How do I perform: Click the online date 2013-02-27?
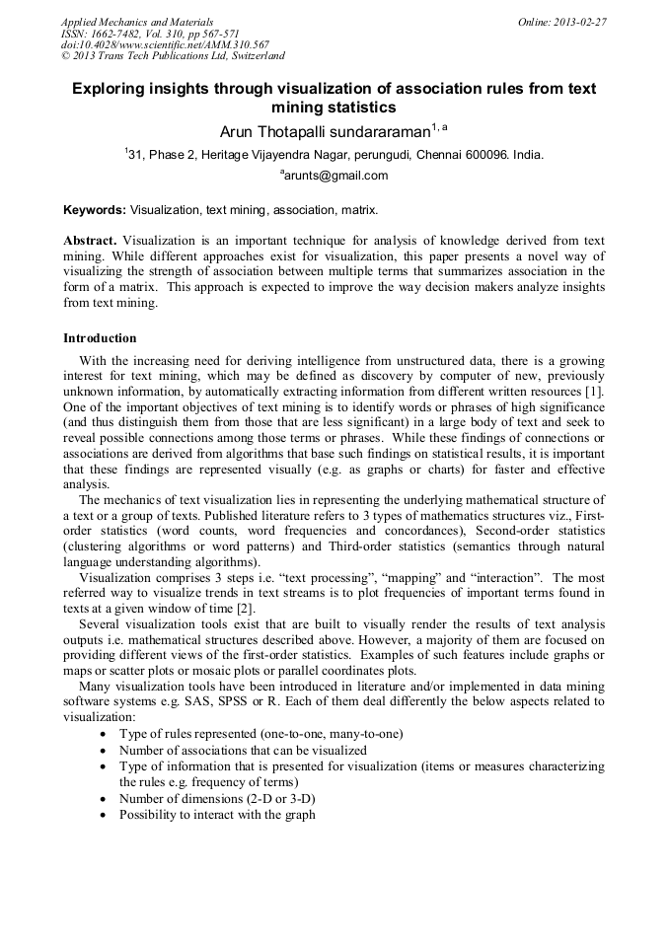pyautogui.click(x=579, y=22)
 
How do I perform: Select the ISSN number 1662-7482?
pyautogui.click(x=114, y=34)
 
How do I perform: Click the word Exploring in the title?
pyautogui.click(x=111, y=89)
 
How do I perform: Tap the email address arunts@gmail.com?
pyautogui.click(x=335, y=177)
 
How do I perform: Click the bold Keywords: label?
pyautogui.click(x=95, y=210)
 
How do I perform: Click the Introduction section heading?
pyautogui.click(x=100, y=338)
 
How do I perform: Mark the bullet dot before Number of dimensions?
pyautogui.click(x=106, y=799)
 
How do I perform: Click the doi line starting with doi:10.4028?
pyautogui.click(x=165, y=45)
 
